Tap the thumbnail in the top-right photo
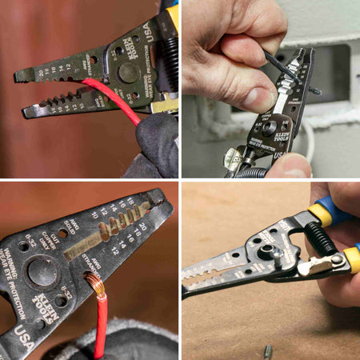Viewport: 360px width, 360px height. click(254, 98)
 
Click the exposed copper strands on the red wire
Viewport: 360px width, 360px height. click(95, 283)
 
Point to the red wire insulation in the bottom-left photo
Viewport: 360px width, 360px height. click(100, 320)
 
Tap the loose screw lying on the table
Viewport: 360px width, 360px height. click(268, 350)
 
